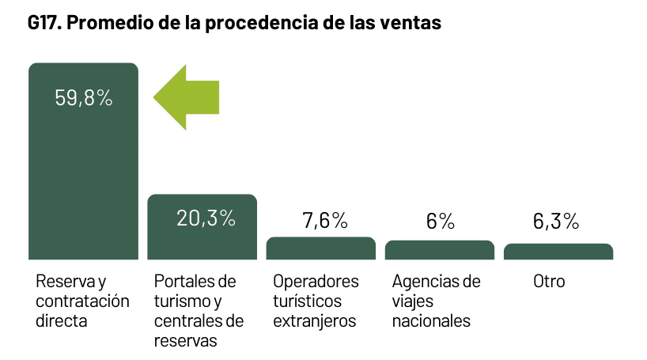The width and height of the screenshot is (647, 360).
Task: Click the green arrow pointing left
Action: tap(185, 96)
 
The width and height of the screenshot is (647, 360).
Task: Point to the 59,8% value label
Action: tap(83, 98)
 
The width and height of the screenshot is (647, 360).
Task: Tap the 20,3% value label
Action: tap(206, 218)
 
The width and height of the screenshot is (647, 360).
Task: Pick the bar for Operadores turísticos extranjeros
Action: tap(320, 248)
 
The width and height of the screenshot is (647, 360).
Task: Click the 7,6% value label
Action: tap(325, 221)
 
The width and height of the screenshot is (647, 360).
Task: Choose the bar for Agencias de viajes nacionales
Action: tap(440, 250)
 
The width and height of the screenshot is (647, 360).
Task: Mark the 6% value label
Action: tap(441, 222)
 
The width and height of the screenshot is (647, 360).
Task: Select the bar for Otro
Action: tap(558, 252)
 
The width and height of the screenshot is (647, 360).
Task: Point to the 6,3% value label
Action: tap(557, 222)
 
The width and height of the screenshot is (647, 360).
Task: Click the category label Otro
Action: tap(549, 282)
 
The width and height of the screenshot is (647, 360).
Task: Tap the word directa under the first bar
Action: tap(62, 321)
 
